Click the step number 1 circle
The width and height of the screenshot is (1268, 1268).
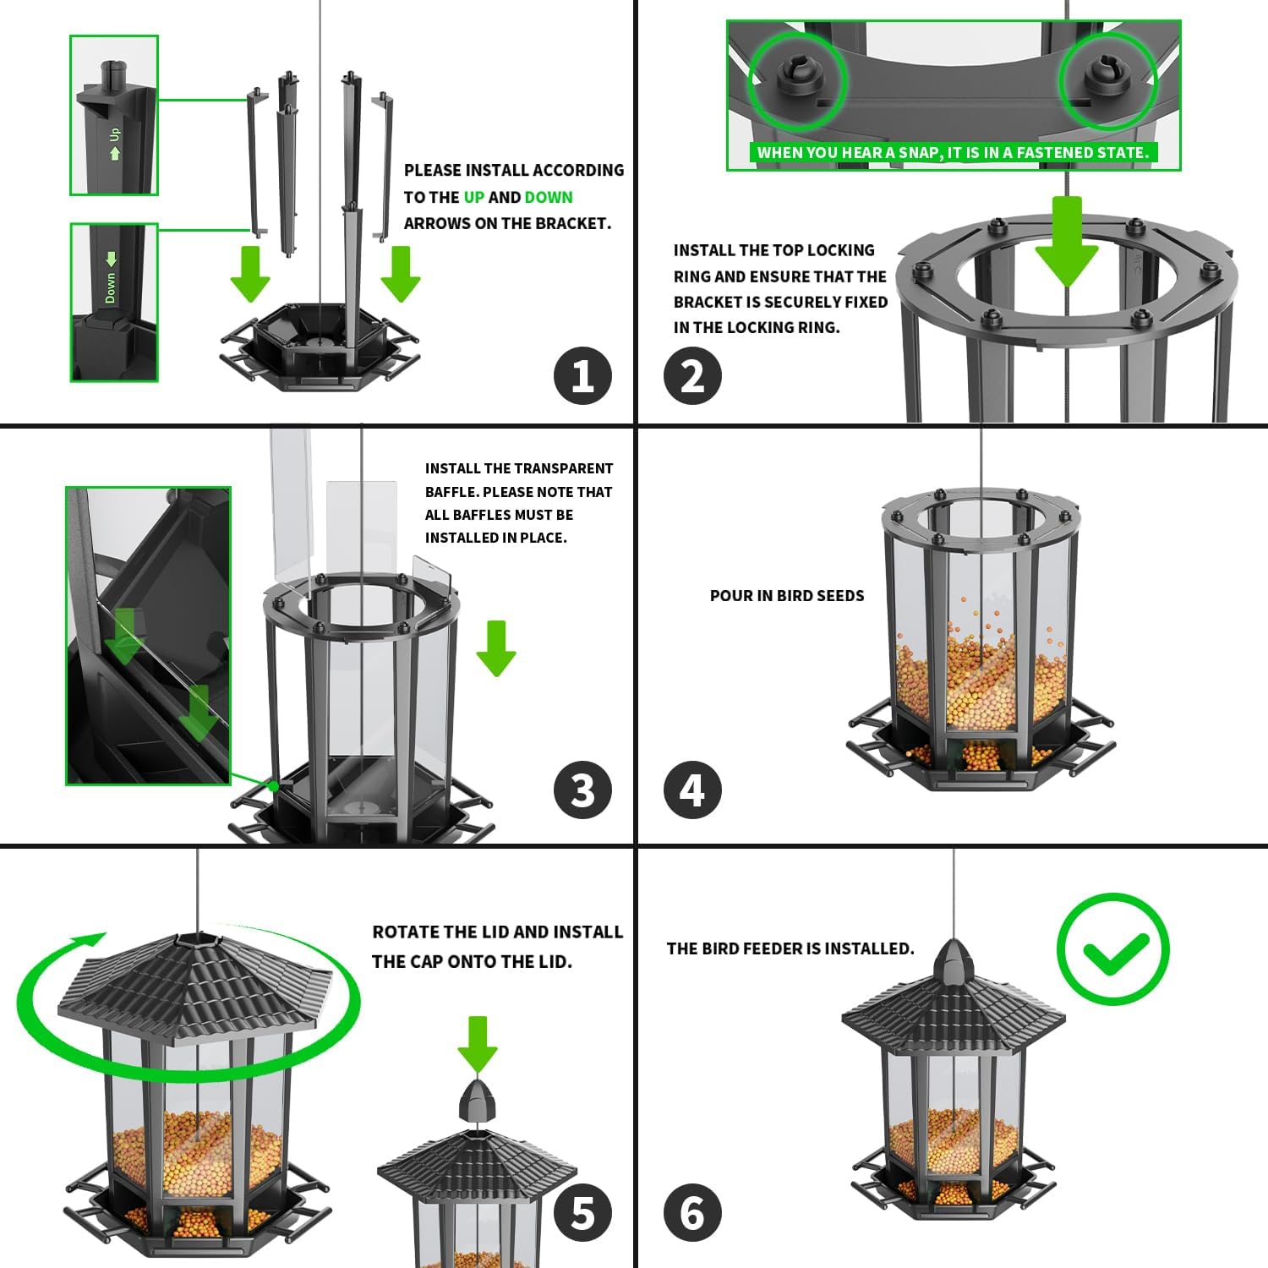[582, 375]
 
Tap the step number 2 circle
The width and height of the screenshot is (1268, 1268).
[692, 375]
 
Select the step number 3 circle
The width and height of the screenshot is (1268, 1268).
[582, 790]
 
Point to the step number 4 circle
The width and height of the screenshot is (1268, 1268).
[692, 790]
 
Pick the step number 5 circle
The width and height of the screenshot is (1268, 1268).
[582, 1213]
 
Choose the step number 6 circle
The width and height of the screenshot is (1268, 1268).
[692, 1213]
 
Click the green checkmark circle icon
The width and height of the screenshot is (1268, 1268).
[1113, 948]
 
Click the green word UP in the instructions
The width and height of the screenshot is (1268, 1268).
[474, 197]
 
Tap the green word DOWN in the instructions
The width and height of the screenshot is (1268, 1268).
[549, 197]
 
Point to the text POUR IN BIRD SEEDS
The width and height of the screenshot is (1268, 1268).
[787, 596]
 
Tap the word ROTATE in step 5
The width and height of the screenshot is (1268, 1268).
[407, 932]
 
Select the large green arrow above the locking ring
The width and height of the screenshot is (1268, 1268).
[1067, 241]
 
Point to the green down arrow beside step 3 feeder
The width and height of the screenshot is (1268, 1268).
[496, 648]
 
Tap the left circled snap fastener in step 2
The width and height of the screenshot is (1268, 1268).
[796, 80]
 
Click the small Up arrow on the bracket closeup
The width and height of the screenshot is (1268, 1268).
[115, 153]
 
